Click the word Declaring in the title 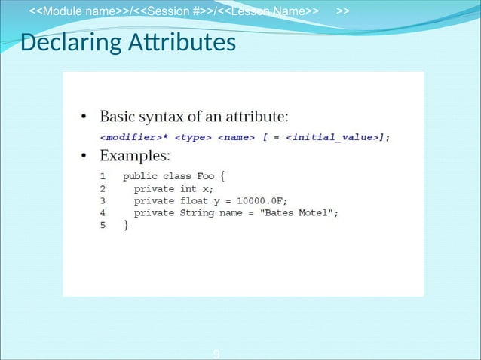pos(65,44)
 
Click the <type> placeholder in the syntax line pos(193,137)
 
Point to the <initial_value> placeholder pos(332,137)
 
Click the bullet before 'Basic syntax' pos(85,117)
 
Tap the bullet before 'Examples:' pos(85,157)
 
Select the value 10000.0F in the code pos(262,201)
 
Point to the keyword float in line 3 pos(194,201)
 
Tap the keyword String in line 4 pos(197,213)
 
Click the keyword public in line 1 pos(140,177)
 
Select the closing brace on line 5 pos(126,225)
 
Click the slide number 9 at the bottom pos(216,354)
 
